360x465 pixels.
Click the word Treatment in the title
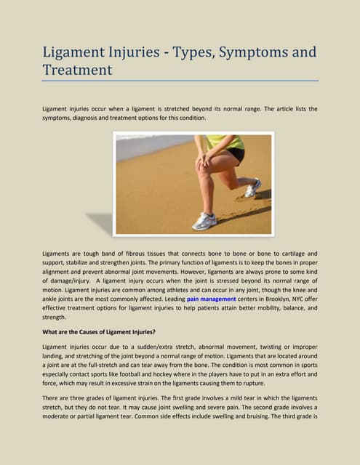pyautogui.click(x=77, y=70)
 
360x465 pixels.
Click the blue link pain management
pyautogui.click(x=211, y=299)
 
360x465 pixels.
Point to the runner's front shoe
pyautogui.click(x=204, y=222)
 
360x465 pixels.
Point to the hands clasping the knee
pyautogui.click(x=204, y=163)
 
